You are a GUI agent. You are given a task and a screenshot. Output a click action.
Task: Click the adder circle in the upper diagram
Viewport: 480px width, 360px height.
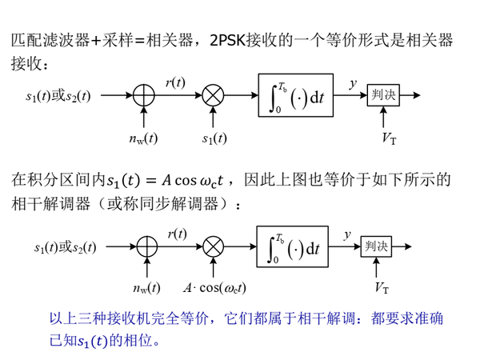point(143,96)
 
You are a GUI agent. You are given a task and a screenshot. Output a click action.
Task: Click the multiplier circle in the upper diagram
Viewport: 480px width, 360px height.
point(214,96)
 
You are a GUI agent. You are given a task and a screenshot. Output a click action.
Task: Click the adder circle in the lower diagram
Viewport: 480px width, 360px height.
point(146,246)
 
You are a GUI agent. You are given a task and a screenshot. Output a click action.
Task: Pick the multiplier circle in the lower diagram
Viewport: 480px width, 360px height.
point(214,246)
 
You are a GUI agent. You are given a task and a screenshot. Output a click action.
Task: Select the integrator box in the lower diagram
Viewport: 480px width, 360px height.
point(295,246)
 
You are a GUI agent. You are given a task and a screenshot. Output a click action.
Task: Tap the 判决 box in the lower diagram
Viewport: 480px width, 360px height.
point(374,246)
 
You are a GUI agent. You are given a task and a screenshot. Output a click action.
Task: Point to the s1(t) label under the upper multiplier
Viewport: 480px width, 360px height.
point(213,138)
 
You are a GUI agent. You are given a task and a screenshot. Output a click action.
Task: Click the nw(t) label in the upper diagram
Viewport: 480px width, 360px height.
point(143,138)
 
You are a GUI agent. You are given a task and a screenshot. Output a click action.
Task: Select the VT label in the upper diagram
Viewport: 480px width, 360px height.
point(390,138)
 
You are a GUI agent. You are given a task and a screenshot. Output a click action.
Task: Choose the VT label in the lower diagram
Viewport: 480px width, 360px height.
point(382,287)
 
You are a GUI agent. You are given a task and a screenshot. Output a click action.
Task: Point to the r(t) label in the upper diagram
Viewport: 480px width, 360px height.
point(176,81)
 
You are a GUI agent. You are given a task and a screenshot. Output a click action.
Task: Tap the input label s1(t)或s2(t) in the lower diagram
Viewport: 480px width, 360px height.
point(65,247)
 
